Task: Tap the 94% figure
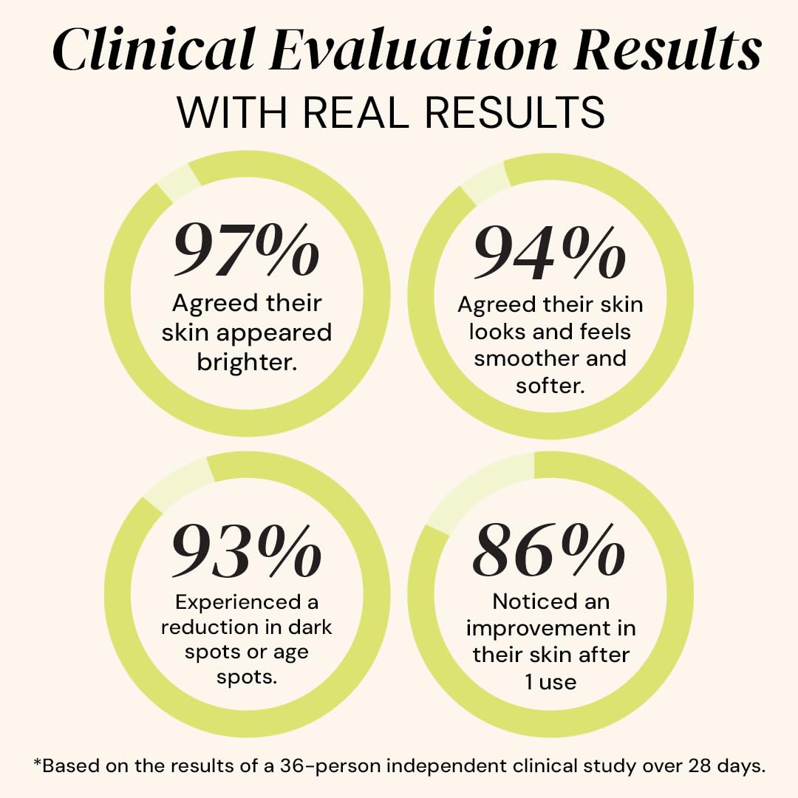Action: click(549, 252)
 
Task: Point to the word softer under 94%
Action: click(550, 385)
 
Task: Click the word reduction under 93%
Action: click(207, 627)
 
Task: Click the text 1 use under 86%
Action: click(550, 681)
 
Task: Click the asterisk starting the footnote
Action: click(38, 763)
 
